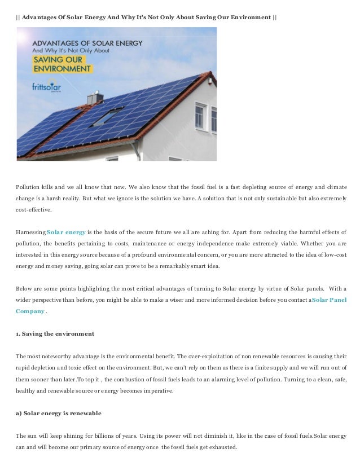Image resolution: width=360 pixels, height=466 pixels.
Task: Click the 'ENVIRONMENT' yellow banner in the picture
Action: [62, 69]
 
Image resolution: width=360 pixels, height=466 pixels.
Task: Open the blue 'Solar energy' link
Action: [66, 232]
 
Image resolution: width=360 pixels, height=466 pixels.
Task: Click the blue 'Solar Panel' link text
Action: [330, 300]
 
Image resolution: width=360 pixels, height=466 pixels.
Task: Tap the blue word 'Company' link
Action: [30, 311]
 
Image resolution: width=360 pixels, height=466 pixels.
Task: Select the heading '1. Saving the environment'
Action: [55, 334]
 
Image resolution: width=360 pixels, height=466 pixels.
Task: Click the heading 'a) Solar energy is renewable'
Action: [58, 414]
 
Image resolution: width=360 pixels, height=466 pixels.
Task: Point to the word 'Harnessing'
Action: [30, 232]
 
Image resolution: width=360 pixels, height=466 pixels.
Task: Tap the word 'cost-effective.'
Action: [33, 209]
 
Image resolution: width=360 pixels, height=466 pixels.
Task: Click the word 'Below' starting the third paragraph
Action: [24, 288]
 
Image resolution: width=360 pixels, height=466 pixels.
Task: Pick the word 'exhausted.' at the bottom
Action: [223, 447]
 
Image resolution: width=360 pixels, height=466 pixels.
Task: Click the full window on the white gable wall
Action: [200, 116]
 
